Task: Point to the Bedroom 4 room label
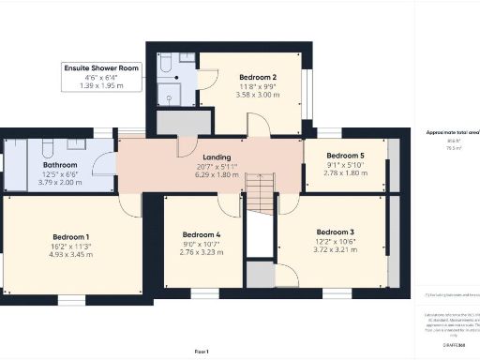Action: pyautogui.click(x=201, y=233)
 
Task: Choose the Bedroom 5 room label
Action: pyautogui.click(x=344, y=156)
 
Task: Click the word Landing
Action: pyautogui.click(x=216, y=157)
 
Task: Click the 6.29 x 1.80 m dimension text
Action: pyautogui.click(x=216, y=173)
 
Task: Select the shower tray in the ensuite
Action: pyautogui.click(x=171, y=93)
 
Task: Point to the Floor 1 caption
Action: pyautogui.click(x=201, y=350)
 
